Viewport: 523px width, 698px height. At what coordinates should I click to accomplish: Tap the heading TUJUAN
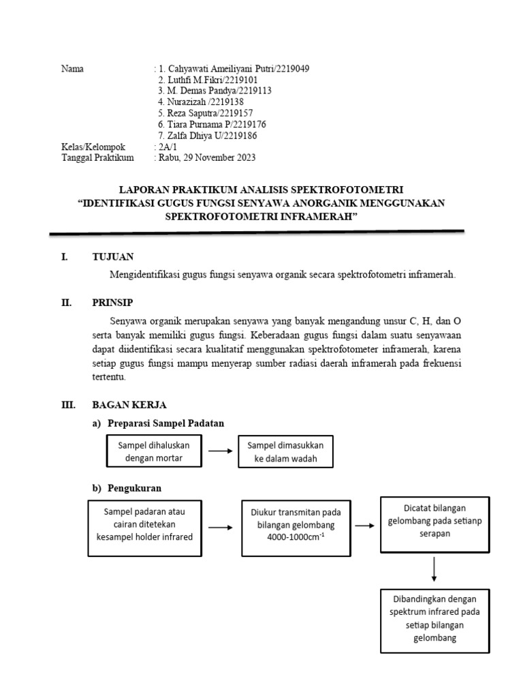[113, 256]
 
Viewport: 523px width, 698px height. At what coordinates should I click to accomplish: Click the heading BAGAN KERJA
[129, 404]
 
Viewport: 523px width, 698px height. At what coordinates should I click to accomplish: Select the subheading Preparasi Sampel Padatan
[166, 423]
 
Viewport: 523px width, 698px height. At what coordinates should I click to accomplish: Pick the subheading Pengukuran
[135, 488]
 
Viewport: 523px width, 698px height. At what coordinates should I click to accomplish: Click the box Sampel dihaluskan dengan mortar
[154, 451]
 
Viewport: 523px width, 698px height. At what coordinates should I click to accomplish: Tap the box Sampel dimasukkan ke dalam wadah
[285, 451]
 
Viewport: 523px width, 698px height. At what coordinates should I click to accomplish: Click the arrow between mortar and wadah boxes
[220, 451]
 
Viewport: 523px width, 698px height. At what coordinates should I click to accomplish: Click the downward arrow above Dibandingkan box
[433, 569]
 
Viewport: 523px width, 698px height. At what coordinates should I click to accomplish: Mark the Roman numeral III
[68, 404]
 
